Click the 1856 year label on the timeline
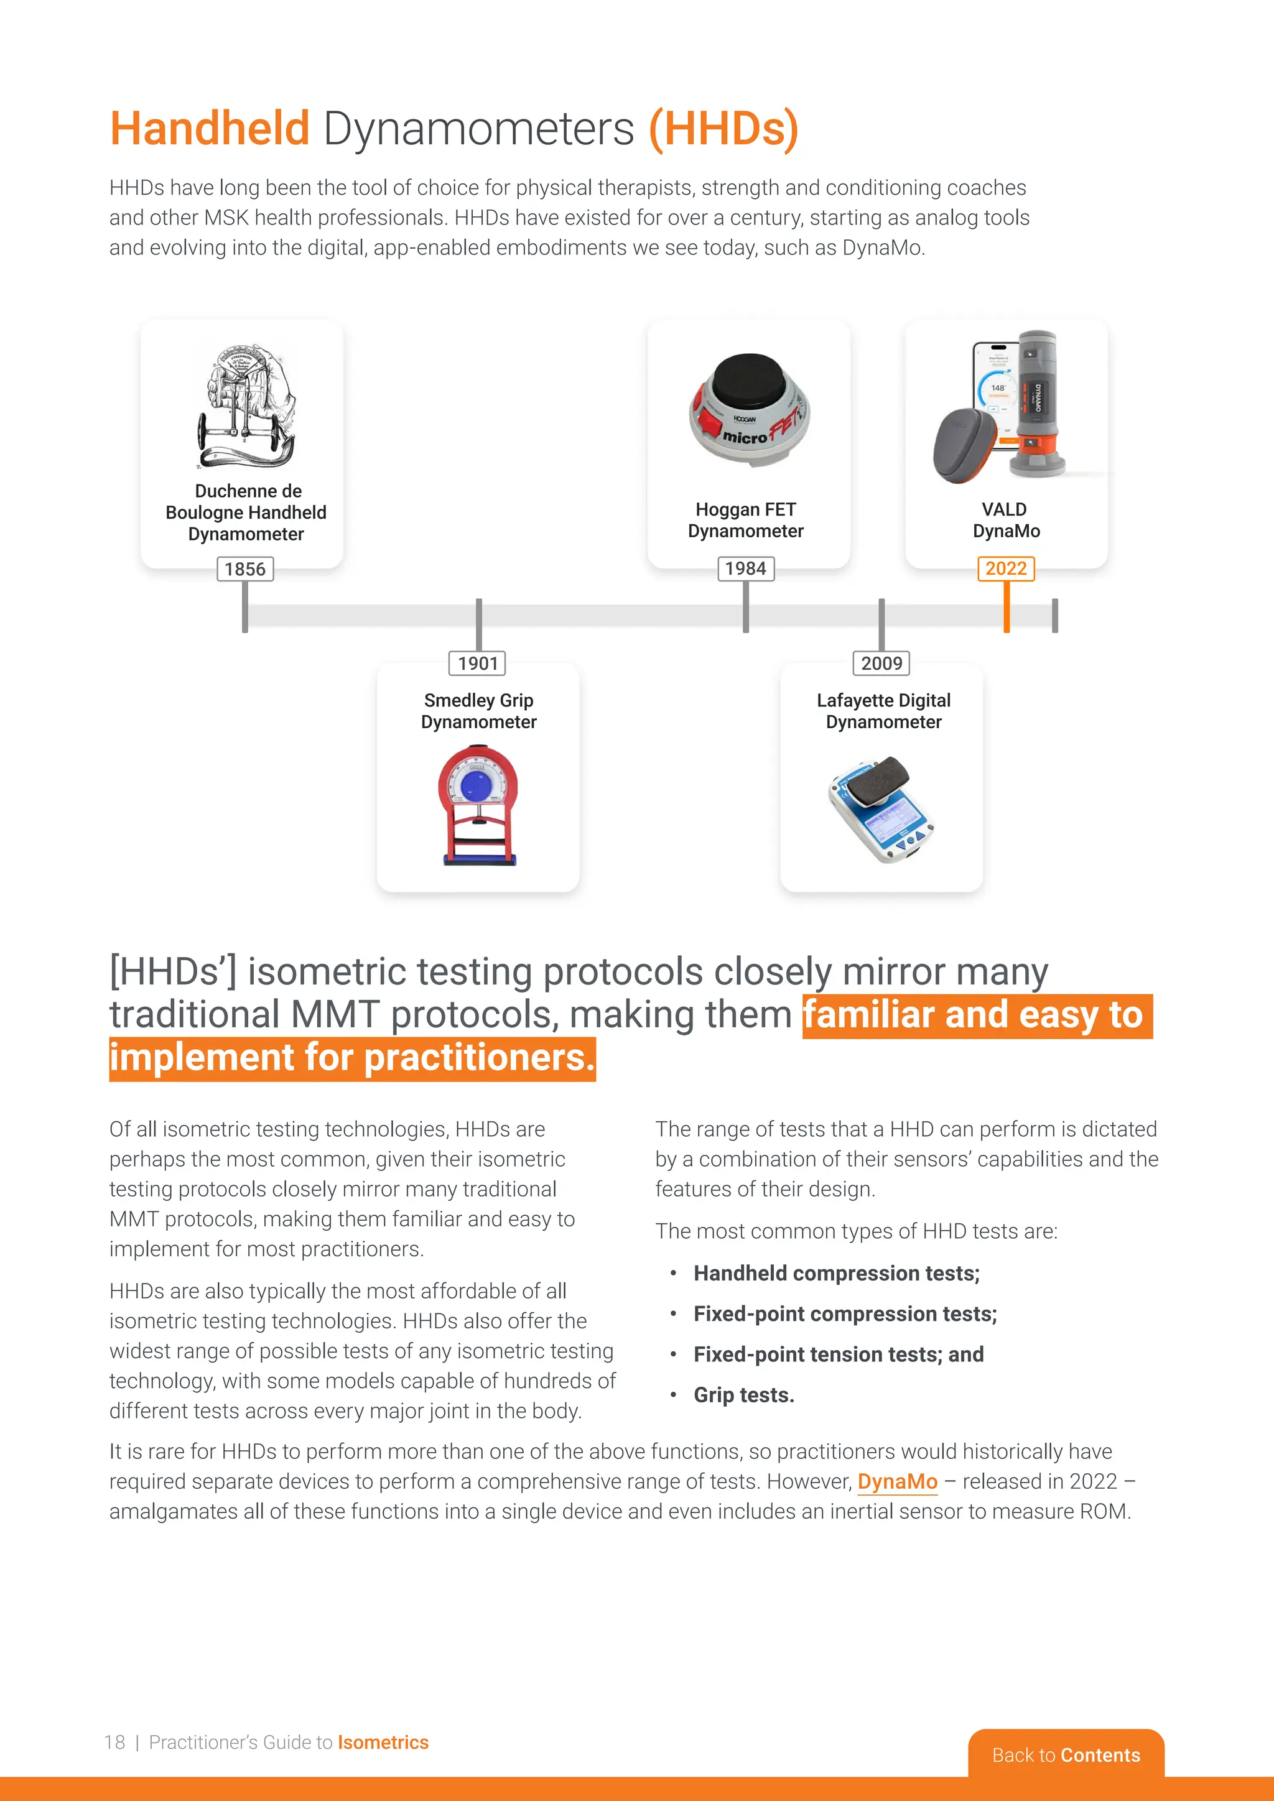(244, 568)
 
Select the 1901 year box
(478, 663)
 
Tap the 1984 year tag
(745, 568)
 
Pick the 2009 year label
(881, 663)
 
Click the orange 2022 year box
(1006, 568)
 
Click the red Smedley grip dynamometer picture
(478, 804)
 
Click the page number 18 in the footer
(114, 1742)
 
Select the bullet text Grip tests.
(744, 1395)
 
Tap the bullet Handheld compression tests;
(836, 1273)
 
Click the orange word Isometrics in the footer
(383, 1742)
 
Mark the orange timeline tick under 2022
(1007, 608)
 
